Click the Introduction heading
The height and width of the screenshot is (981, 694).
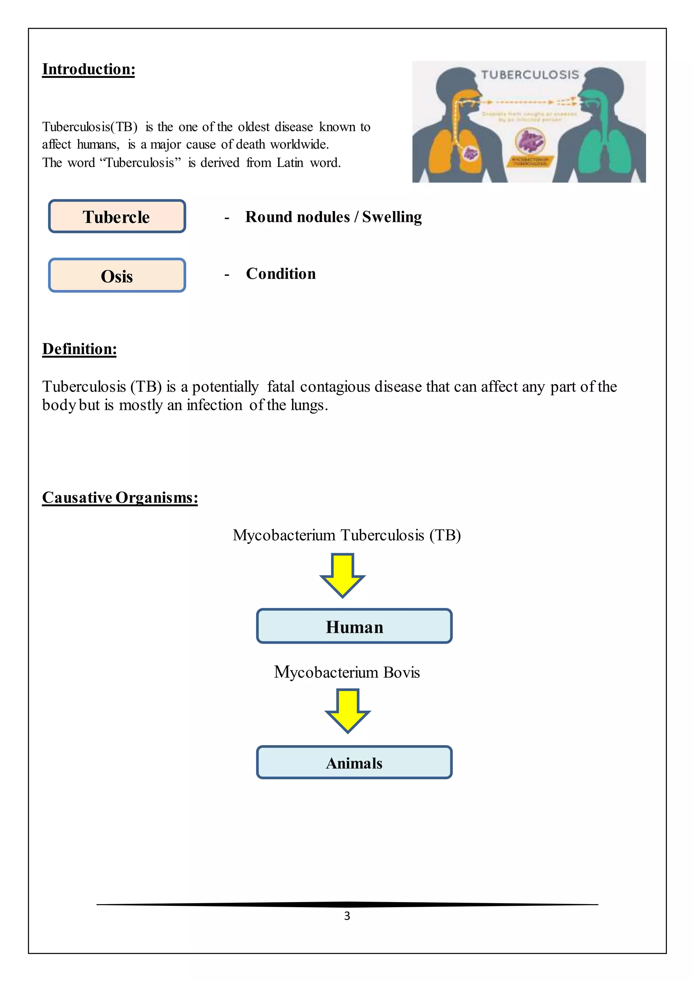[x=88, y=69]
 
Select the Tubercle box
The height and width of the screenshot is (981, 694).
[x=117, y=216]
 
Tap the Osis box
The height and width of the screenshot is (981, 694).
[x=117, y=276]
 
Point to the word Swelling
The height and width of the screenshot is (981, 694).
[x=392, y=217]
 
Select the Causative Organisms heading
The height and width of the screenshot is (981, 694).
[x=120, y=498]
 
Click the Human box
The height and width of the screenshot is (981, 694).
[x=354, y=626]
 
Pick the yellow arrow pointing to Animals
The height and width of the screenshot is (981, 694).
[x=347, y=711]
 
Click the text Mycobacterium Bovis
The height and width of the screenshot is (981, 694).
[x=347, y=672]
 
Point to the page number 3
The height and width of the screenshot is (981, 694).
[x=347, y=916]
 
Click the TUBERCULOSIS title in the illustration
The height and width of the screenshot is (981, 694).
[x=530, y=75]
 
